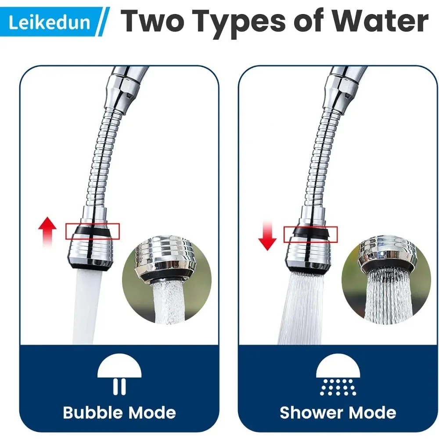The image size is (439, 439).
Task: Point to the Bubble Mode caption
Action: pyautogui.click(x=119, y=413)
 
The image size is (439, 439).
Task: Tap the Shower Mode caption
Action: pyautogui.click(x=338, y=413)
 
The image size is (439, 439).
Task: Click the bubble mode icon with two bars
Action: pyautogui.click(x=119, y=374)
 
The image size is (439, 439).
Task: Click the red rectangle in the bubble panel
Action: pyautogui.click(x=93, y=231)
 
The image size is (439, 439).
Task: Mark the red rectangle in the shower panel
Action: pyautogui.click(x=310, y=234)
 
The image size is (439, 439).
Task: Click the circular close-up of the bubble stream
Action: pyautogui.click(x=167, y=281)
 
